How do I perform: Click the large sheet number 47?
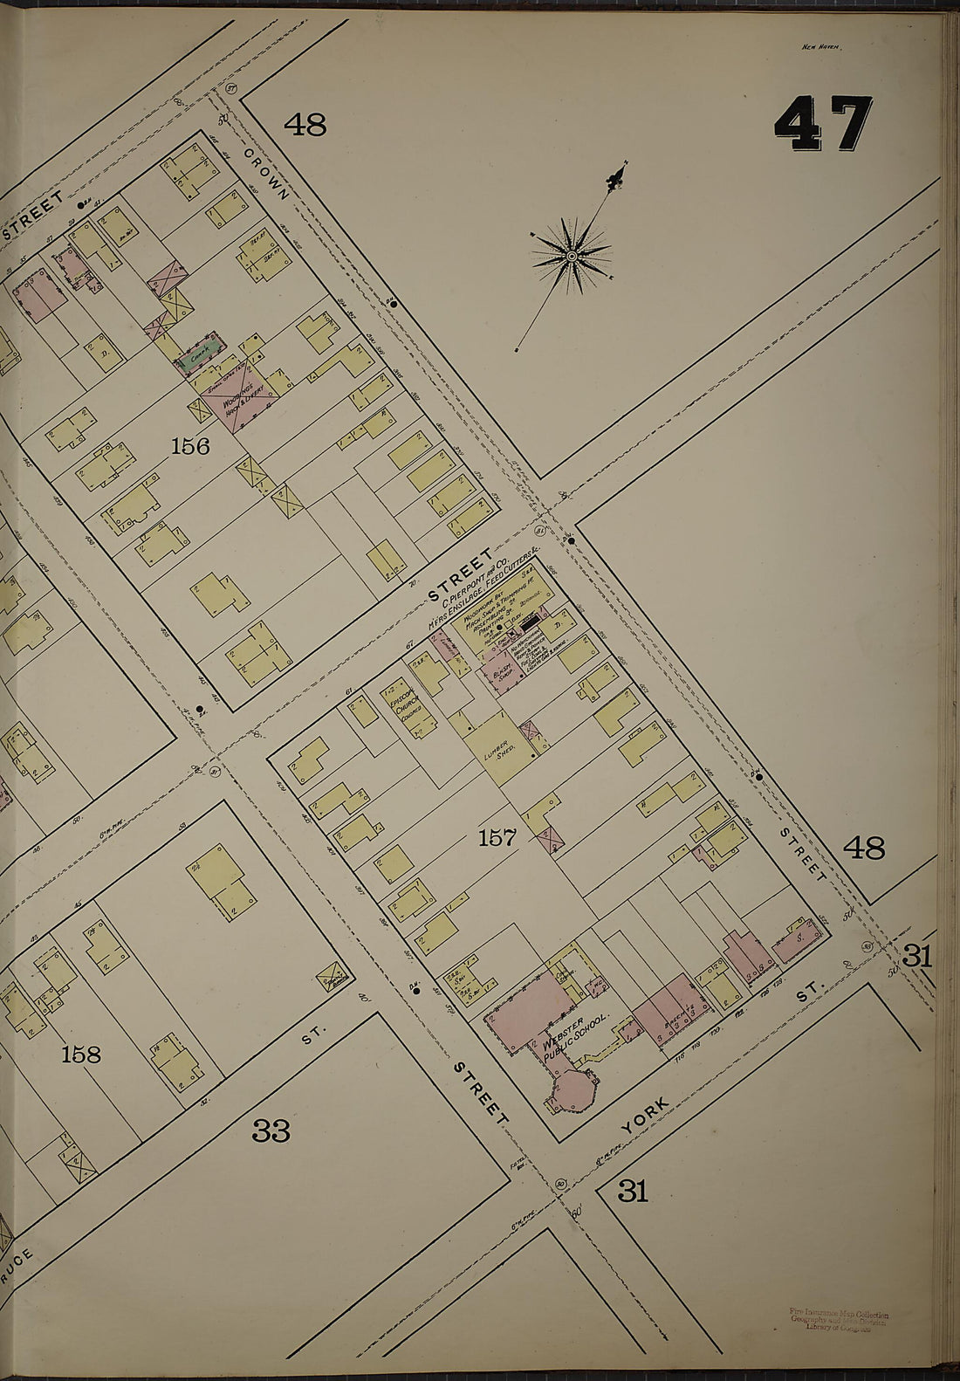[823, 124]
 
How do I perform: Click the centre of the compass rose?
[572, 256]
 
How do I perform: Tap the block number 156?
[190, 447]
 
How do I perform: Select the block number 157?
[498, 839]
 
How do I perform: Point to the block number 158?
[81, 1055]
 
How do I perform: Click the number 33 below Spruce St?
[271, 1131]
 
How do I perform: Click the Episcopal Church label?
[408, 707]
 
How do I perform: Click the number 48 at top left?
[305, 126]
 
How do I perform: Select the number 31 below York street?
[633, 1191]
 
